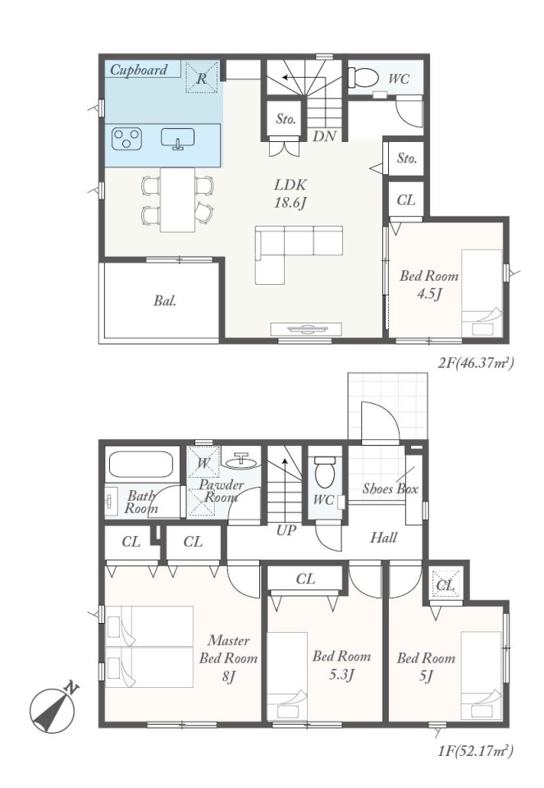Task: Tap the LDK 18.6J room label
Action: point(290,194)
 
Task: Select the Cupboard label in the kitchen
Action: point(138,69)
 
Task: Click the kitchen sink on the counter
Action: point(178,139)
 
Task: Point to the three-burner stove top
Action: point(126,139)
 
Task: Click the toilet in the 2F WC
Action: point(363,77)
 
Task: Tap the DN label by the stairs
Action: point(324,136)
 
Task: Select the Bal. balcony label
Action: point(165,301)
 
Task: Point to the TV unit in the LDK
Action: point(306,328)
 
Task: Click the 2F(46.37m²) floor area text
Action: point(476,362)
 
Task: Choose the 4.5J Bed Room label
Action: point(429,285)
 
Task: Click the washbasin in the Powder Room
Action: point(241,460)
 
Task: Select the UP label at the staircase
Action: point(286,530)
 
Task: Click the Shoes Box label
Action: point(391,488)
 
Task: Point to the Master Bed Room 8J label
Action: point(229,658)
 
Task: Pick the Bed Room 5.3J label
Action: point(341,664)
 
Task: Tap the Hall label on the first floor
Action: point(383,538)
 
